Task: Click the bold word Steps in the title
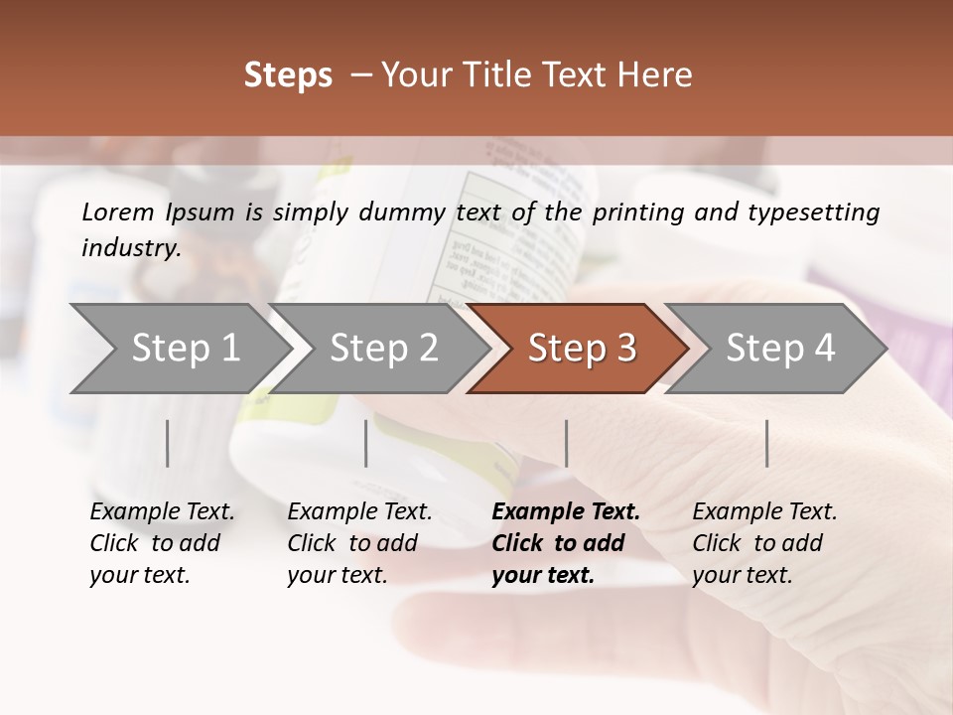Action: [x=288, y=75]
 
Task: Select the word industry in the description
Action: [x=131, y=247]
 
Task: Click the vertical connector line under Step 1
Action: [x=168, y=443]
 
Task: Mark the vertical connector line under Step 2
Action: [x=366, y=443]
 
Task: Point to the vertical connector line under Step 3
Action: [x=567, y=443]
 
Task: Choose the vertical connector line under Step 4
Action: [x=767, y=443]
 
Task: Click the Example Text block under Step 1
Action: [x=162, y=543]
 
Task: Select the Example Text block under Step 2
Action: [x=359, y=543]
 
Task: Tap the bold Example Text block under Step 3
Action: [x=566, y=543]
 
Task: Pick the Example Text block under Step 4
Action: [x=764, y=543]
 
